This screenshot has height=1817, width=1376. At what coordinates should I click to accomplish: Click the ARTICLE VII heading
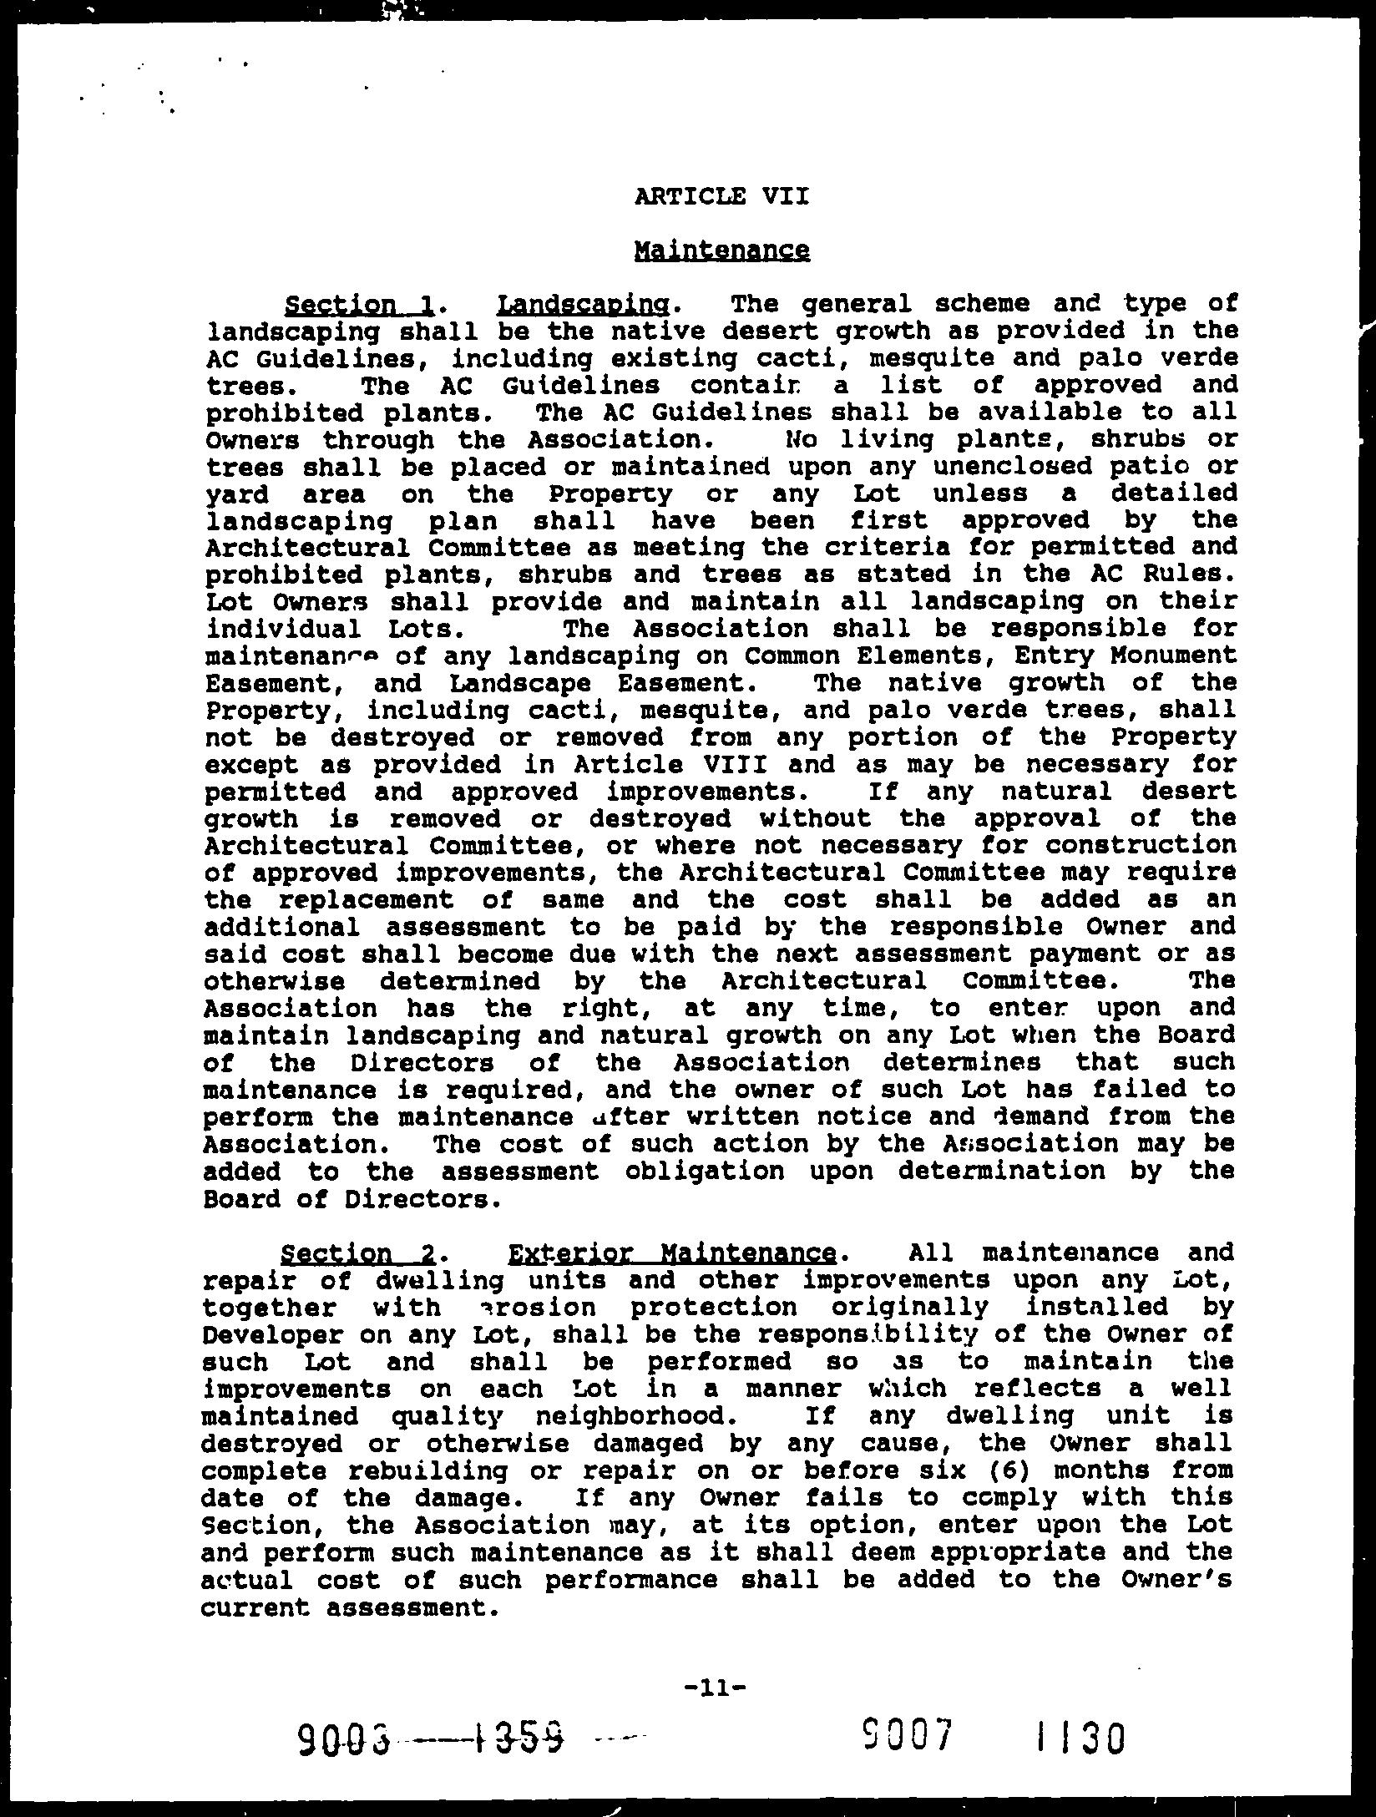pos(721,197)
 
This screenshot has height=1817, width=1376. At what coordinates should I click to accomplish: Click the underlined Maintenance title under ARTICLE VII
pos(721,251)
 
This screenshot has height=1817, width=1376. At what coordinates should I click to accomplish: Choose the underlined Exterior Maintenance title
pos(671,1253)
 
